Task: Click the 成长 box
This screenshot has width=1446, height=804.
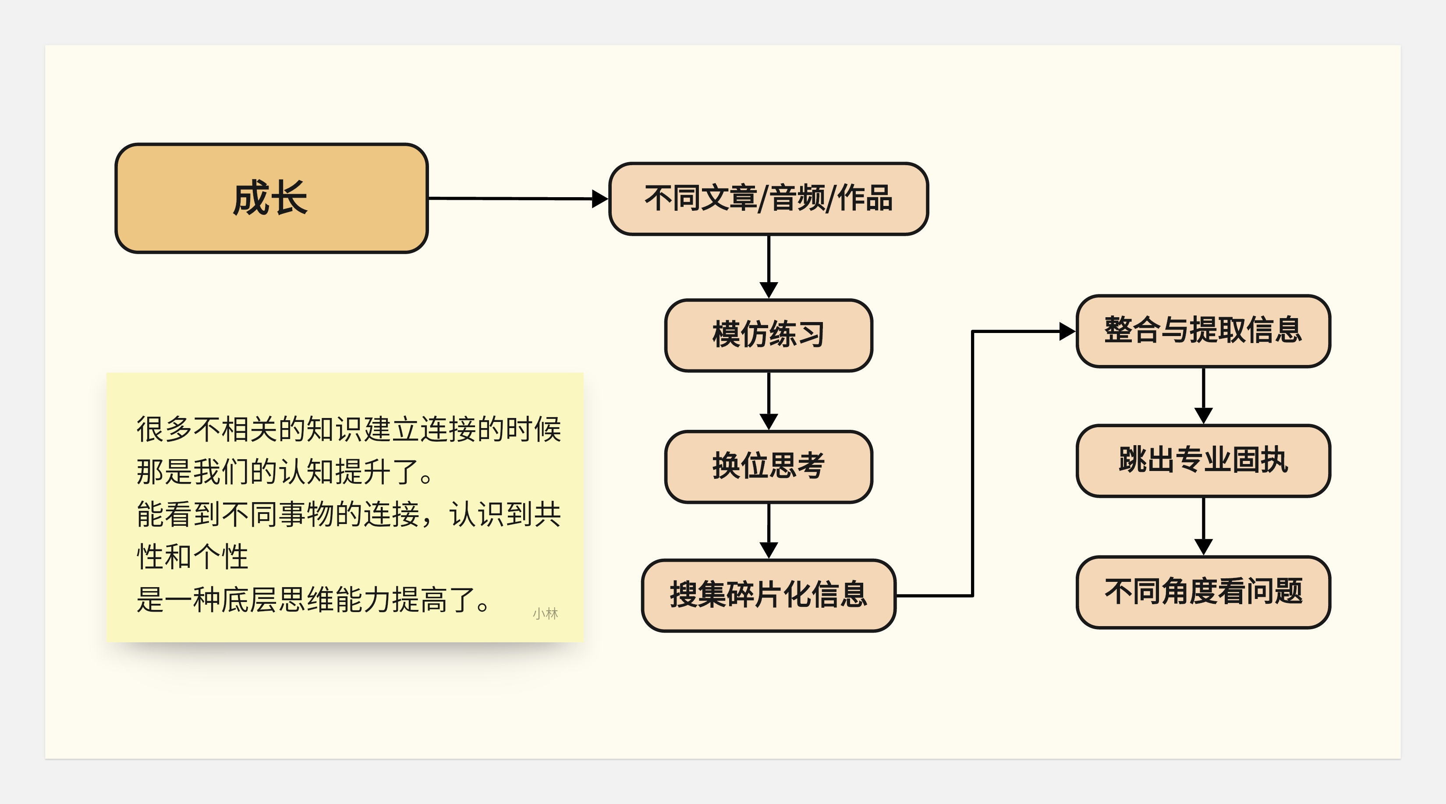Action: click(271, 198)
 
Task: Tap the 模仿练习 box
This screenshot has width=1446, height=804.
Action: click(769, 335)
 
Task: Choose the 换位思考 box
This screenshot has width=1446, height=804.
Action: click(769, 467)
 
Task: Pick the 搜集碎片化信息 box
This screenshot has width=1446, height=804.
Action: click(769, 595)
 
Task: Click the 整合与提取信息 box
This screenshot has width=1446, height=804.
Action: click(1203, 331)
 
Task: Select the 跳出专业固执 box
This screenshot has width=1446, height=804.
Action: click(1203, 460)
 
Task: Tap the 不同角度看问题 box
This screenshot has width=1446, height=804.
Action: click(1203, 592)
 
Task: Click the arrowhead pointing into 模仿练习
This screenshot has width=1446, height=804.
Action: click(769, 290)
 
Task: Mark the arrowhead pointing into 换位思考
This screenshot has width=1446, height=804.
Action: click(769, 421)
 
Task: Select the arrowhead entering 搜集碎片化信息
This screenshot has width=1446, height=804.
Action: click(769, 550)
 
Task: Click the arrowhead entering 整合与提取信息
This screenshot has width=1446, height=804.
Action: click(1067, 331)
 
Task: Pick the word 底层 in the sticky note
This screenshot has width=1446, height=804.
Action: click(249, 600)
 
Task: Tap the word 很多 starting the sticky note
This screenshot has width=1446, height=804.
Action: click(164, 429)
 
